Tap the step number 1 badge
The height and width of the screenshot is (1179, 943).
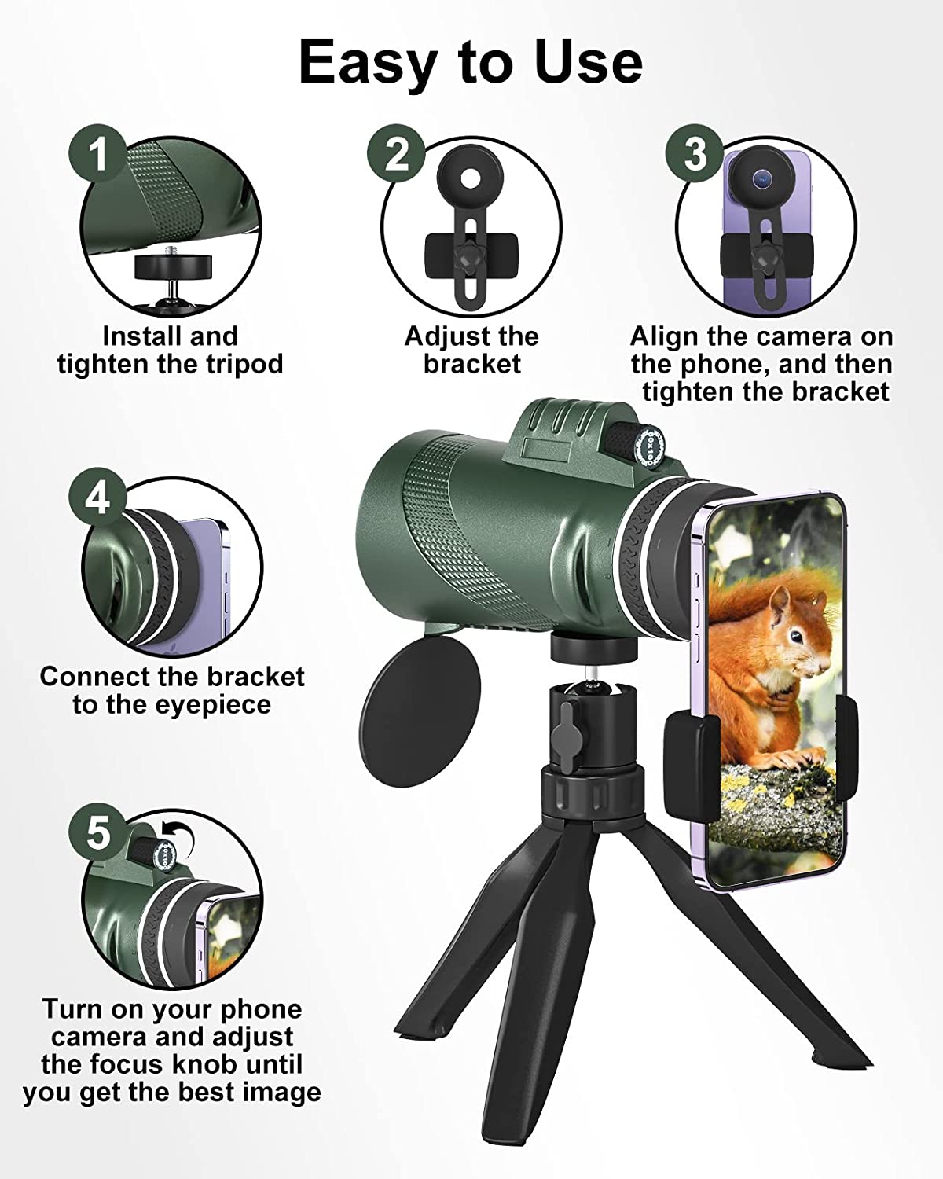click(x=97, y=153)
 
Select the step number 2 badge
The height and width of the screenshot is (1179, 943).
click(x=395, y=153)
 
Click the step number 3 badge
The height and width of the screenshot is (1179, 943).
click(x=695, y=153)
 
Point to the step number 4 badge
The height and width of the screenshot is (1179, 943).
click(x=97, y=497)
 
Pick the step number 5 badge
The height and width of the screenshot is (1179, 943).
click(x=97, y=832)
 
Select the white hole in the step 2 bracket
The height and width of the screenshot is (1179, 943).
click(x=470, y=178)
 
